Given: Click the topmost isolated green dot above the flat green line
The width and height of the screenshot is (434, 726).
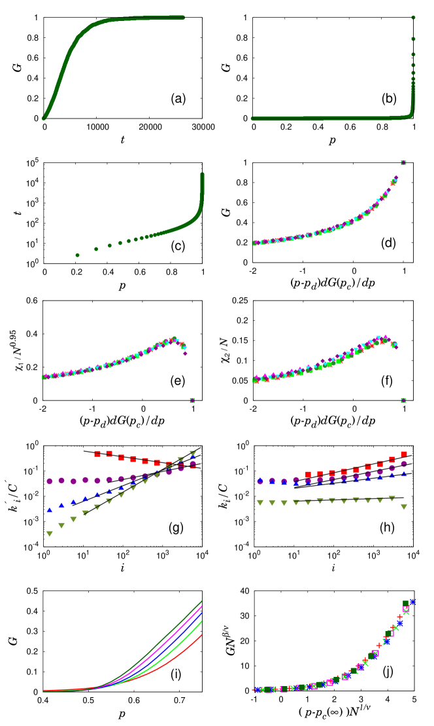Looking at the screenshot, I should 413,18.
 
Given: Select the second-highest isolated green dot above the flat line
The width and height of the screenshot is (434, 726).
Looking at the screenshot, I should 413,39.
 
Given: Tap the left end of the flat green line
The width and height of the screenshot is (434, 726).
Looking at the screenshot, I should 253,118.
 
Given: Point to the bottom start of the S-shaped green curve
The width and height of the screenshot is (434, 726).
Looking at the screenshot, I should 44,118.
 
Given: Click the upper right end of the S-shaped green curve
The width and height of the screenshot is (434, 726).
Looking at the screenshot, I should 183,18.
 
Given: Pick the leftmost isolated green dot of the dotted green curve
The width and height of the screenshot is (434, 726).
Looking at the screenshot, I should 77,255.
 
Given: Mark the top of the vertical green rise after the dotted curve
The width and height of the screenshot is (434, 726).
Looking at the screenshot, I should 202,174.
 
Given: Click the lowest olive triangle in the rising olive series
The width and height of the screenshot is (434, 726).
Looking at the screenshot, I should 49,534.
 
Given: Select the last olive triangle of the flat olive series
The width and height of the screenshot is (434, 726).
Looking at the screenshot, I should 404,507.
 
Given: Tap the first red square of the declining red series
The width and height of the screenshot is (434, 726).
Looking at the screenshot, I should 97,454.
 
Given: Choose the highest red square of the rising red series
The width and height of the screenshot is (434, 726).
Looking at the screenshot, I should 404,454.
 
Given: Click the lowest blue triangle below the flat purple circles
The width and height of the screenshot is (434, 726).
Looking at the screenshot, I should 49,510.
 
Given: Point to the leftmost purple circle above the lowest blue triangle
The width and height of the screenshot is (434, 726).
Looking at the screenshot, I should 49,481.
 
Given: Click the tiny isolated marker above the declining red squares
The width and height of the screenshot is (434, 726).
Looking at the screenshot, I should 192,400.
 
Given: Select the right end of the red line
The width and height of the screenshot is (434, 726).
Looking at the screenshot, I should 202,634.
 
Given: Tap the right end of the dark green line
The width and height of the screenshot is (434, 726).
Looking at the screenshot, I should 202,601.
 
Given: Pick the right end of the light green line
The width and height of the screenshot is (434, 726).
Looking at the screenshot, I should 202,621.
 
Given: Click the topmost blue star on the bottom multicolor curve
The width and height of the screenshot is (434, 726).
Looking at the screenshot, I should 412,602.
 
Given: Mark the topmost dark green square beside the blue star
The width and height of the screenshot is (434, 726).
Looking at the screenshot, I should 405,603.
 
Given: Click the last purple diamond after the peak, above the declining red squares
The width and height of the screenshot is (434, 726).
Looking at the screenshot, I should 185,353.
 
